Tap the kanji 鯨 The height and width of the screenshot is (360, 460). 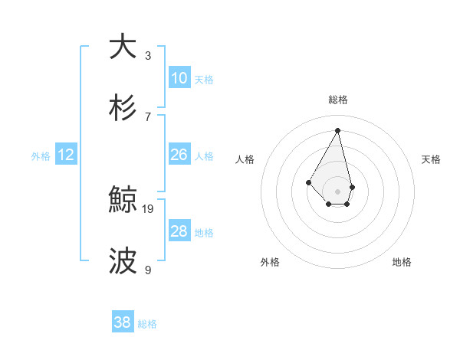(x=122, y=200)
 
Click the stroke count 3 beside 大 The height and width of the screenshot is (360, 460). (x=148, y=55)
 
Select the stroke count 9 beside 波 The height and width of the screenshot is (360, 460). (x=148, y=270)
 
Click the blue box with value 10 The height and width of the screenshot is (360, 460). (x=179, y=78)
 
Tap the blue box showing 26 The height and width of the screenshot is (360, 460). (x=179, y=155)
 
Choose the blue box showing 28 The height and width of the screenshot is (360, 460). (x=179, y=231)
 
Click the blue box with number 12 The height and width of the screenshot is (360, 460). (x=66, y=155)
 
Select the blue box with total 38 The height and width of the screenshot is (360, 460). (x=123, y=323)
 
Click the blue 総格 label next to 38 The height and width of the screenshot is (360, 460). (x=147, y=324)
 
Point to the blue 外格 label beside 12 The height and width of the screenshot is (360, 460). (x=41, y=155)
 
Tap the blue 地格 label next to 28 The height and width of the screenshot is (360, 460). (x=204, y=232)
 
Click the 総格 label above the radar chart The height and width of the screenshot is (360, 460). (x=338, y=100)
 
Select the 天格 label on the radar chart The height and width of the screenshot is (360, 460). (x=431, y=159)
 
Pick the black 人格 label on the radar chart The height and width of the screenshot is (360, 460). (x=245, y=159)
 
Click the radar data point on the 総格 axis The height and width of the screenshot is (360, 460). (x=338, y=131)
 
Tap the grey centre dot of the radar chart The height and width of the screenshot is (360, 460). (x=338, y=191)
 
